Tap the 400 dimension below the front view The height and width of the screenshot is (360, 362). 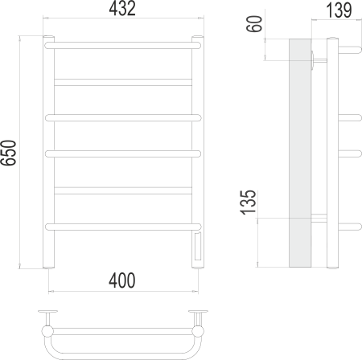[122, 280]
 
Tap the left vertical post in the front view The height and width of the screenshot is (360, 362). [48, 153]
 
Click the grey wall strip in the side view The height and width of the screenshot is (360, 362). [298, 153]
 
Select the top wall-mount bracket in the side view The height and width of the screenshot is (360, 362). [319, 57]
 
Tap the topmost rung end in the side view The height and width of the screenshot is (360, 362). [349, 47]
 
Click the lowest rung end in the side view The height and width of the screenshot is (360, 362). [349, 224]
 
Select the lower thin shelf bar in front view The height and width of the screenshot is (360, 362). [123, 189]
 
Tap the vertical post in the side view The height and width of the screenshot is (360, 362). [332, 153]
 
